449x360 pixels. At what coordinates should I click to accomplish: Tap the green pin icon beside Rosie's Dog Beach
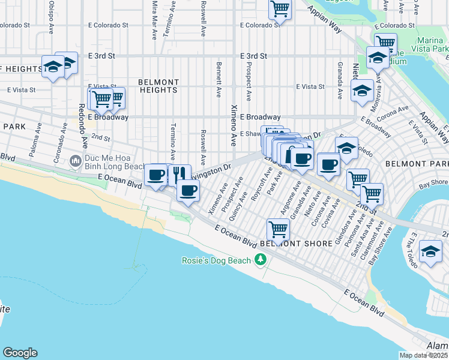pyautogui.click(x=260, y=260)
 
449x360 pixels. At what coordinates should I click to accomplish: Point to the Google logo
pyautogui.click(x=20, y=353)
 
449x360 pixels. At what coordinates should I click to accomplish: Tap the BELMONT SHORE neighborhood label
pyautogui.click(x=297, y=244)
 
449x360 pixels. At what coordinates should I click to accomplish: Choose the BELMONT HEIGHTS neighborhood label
pyautogui.click(x=158, y=86)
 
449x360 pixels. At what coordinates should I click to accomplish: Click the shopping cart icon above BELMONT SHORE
pyautogui.click(x=279, y=228)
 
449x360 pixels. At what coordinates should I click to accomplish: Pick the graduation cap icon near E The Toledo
pyautogui.click(x=430, y=251)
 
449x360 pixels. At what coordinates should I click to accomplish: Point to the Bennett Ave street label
pyautogui.click(x=219, y=78)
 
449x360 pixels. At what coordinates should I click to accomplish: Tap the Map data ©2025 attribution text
pyautogui.click(x=423, y=355)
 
